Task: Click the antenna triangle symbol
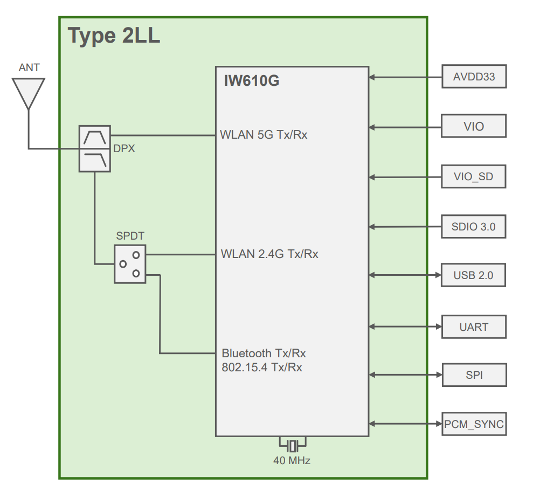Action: coord(28,91)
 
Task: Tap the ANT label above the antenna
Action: coord(29,67)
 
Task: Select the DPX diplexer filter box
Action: coord(95,149)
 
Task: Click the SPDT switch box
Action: coord(130,264)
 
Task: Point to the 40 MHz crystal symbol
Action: coord(293,445)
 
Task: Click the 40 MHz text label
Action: coord(292,461)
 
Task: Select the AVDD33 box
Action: coord(474,77)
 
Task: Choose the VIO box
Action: coord(474,126)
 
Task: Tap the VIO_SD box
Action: coord(474,176)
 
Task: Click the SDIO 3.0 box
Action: coord(474,226)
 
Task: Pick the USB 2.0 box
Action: coord(474,276)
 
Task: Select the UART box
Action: coord(474,327)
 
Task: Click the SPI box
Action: coord(474,375)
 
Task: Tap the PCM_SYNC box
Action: coord(474,424)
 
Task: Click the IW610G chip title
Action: coord(252,81)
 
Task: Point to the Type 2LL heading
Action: coord(114,36)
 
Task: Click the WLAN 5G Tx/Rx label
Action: coord(264,135)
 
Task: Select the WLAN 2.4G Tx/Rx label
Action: coord(269,254)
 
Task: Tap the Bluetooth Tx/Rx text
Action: coord(264,354)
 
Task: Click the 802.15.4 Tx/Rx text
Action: coord(262,368)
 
